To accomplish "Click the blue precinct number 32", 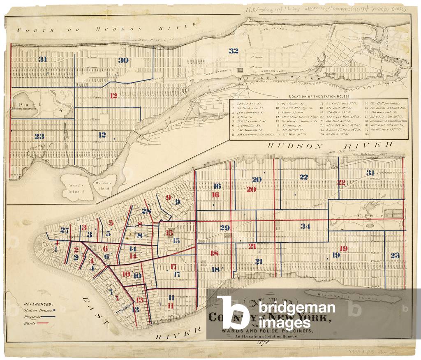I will (234, 51).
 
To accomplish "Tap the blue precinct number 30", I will (123, 60).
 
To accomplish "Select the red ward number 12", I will (113, 96).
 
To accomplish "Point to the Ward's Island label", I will (76, 188).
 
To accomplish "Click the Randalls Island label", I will (103, 186).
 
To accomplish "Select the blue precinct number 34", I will (305, 226).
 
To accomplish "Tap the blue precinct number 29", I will (224, 228).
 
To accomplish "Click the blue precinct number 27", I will (64, 230).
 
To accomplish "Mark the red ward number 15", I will (169, 233).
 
